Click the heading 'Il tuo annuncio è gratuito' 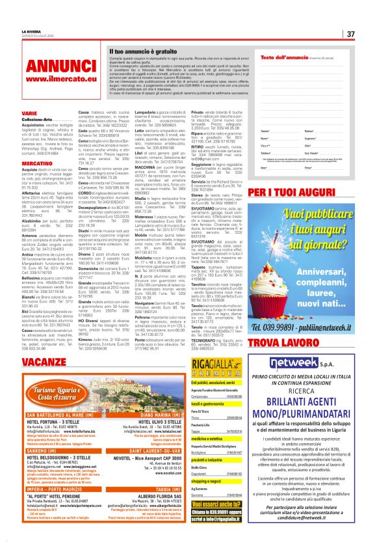pos(137,51)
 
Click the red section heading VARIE pos(29,113)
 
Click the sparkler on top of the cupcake pos(323,215)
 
